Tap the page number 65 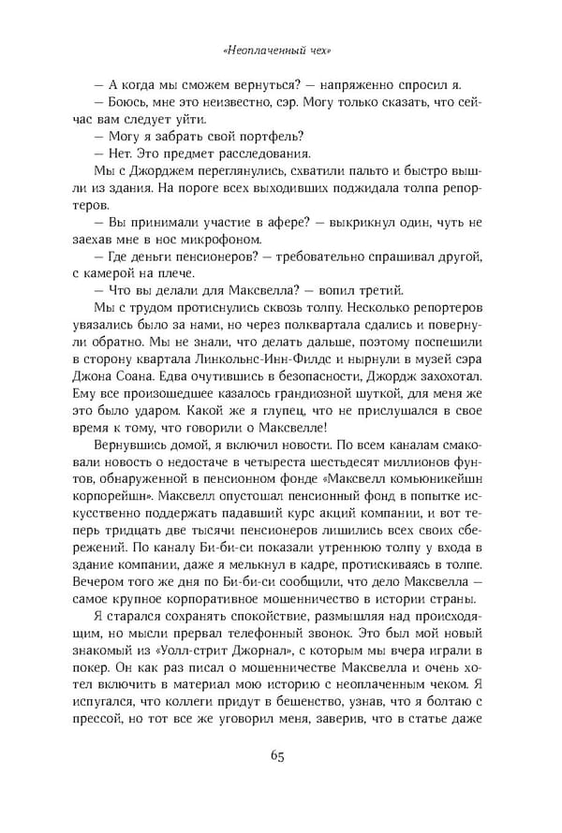coord(280,757)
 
